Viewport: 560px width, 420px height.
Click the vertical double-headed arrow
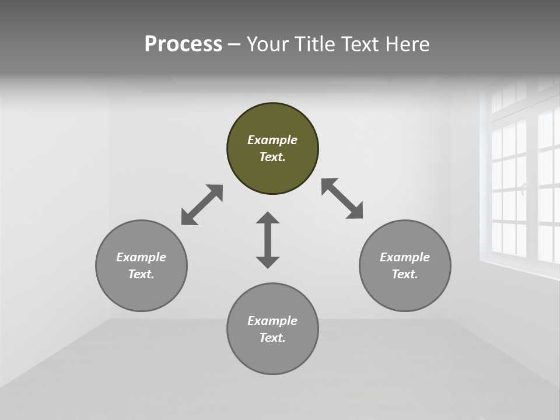click(268, 240)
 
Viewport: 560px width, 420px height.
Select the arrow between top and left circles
click(202, 205)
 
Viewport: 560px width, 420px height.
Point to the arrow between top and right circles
click(342, 199)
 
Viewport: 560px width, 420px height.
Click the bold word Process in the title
click(183, 44)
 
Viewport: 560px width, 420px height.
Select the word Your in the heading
click(268, 44)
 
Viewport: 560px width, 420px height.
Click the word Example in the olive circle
click(272, 140)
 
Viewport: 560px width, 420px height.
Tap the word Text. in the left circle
click(141, 274)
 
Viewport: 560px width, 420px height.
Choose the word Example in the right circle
click(405, 257)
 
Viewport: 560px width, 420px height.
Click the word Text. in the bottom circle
click(272, 338)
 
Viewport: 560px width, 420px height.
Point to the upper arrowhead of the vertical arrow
click(268, 218)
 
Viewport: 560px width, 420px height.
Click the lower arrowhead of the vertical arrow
click(268, 262)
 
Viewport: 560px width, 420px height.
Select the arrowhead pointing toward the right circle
click(355, 212)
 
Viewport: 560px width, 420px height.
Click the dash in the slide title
click(234, 44)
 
